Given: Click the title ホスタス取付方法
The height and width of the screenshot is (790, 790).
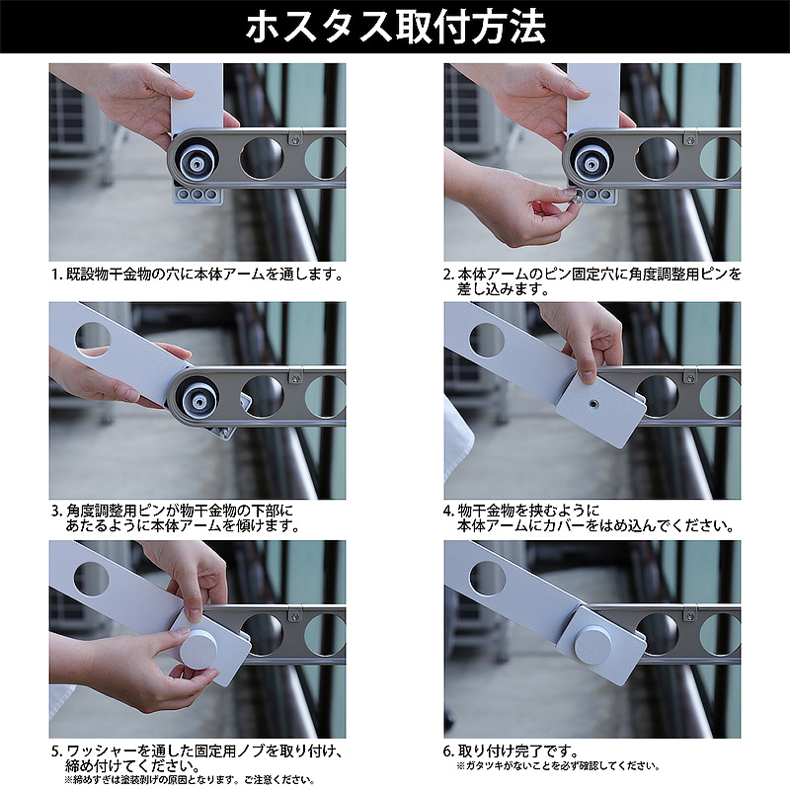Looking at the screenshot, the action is (x=396, y=27).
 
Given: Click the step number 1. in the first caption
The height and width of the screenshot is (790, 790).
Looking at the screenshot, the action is (x=57, y=275).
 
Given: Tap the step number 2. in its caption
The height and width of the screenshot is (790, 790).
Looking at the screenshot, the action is (x=449, y=275).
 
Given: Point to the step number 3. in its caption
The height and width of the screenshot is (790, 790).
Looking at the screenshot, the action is (x=56, y=511).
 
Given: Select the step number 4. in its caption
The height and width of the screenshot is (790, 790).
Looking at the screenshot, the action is (x=449, y=511).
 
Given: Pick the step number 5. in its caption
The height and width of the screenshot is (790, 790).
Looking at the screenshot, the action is (x=56, y=751).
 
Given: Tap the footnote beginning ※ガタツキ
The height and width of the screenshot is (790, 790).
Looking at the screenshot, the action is (x=558, y=766).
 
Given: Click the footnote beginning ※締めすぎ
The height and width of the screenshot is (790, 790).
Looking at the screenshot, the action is (x=190, y=780).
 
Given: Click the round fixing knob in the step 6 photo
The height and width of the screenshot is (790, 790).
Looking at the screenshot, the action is (x=593, y=643).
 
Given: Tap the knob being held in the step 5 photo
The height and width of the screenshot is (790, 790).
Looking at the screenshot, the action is (x=198, y=649).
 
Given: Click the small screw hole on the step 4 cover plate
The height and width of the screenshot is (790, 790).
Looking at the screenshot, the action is (x=593, y=404).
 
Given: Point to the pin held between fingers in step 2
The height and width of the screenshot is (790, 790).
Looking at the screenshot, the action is (x=573, y=196).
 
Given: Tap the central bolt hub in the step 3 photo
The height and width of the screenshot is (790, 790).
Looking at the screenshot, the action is (x=199, y=401).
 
